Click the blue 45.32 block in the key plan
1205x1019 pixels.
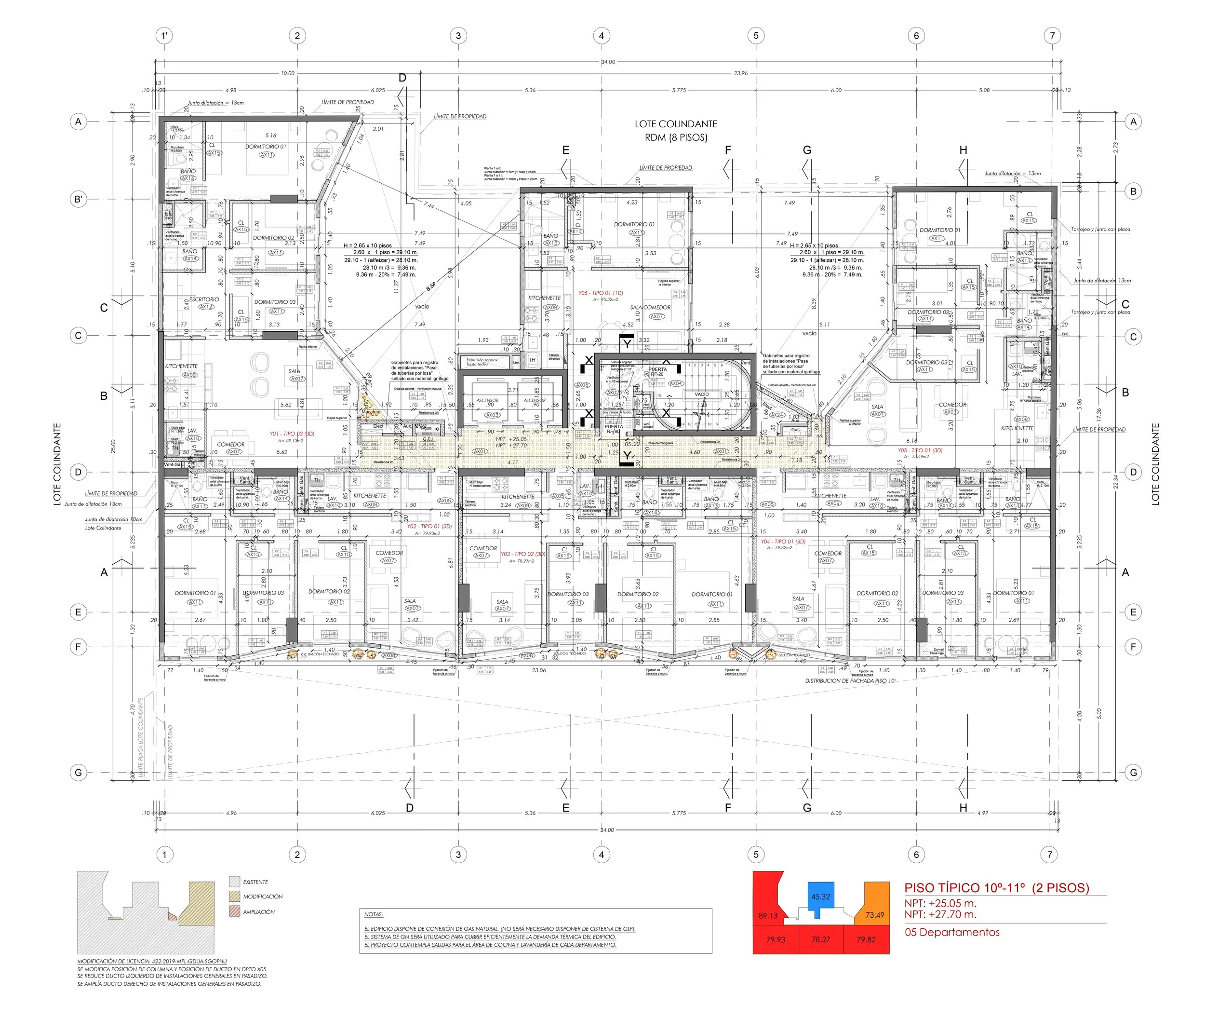820,896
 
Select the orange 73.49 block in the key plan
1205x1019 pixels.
875,914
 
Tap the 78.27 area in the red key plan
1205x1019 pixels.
820,939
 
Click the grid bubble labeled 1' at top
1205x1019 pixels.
164,36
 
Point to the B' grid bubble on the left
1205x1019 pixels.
79,199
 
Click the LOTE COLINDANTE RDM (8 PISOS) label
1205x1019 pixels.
676,131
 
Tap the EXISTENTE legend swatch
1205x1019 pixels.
234,882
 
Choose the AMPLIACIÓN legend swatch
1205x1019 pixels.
234,911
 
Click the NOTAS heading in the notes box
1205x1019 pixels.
374,914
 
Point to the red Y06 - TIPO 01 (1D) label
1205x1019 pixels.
601,293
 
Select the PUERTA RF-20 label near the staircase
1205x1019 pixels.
657,371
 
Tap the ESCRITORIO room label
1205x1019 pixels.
204,299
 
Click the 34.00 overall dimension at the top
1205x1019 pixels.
608,62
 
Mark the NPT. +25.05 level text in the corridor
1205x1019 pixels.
511,439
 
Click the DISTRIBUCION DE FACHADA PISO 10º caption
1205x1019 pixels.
850,680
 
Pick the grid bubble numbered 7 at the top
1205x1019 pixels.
1052,36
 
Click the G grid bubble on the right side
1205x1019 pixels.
1133,773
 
